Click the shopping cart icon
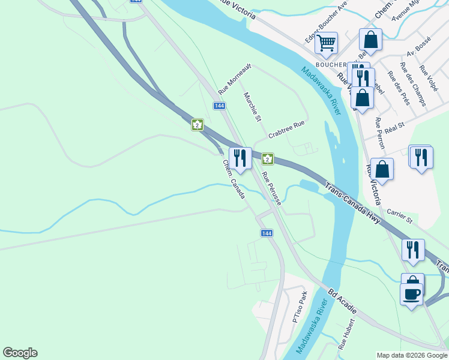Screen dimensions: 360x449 326,43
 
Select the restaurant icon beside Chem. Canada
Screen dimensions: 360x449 240,158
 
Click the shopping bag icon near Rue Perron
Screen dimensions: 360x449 382,169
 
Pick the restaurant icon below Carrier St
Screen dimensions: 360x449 413,250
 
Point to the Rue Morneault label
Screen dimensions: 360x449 234,80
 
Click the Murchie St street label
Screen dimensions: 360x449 253,107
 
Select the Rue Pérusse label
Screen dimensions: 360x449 272,190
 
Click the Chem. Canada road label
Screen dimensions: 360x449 234,179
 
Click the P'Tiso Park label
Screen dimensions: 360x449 300,307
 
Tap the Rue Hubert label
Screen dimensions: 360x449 344,334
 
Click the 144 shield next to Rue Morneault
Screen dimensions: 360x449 219,106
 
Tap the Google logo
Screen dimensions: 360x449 20,353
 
